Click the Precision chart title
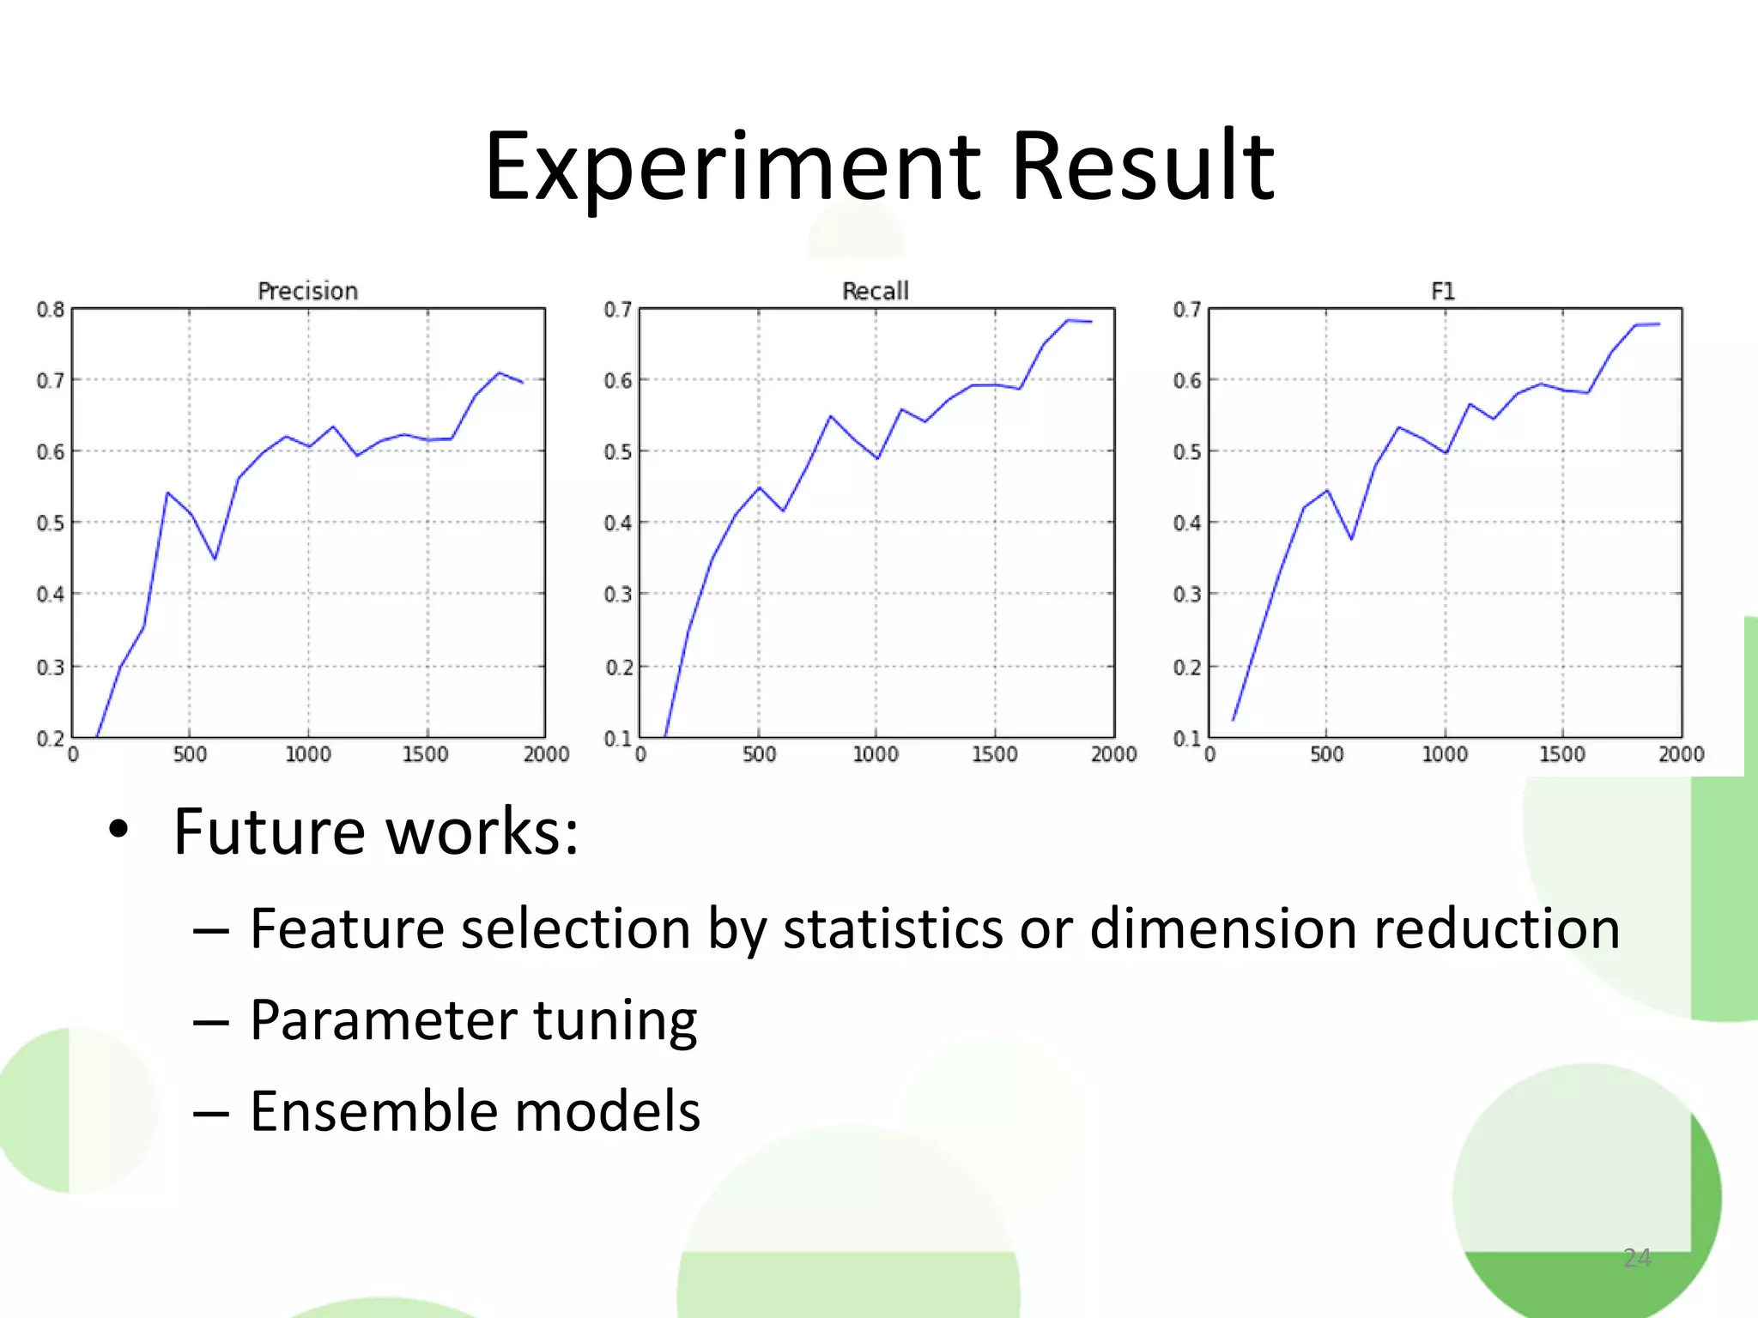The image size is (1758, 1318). [307, 292]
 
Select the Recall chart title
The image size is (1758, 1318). [875, 292]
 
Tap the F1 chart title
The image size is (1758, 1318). [1443, 292]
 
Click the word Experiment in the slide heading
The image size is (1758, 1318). [732, 167]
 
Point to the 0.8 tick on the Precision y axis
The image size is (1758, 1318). [51, 310]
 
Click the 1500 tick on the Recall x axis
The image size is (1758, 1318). [994, 754]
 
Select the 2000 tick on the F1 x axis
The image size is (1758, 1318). [1681, 754]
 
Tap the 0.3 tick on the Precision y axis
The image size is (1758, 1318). [51, 667]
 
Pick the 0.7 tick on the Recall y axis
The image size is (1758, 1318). [618, 310]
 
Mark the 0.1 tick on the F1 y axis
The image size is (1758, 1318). [1187, 739]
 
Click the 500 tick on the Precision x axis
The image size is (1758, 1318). [190, 754]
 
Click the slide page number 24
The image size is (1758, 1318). [1637, 1258]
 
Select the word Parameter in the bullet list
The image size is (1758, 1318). [383, 1021]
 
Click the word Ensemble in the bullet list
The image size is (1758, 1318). [370, 1111]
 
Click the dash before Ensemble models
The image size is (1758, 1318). [211, 1113]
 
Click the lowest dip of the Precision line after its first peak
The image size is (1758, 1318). [215, 559]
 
